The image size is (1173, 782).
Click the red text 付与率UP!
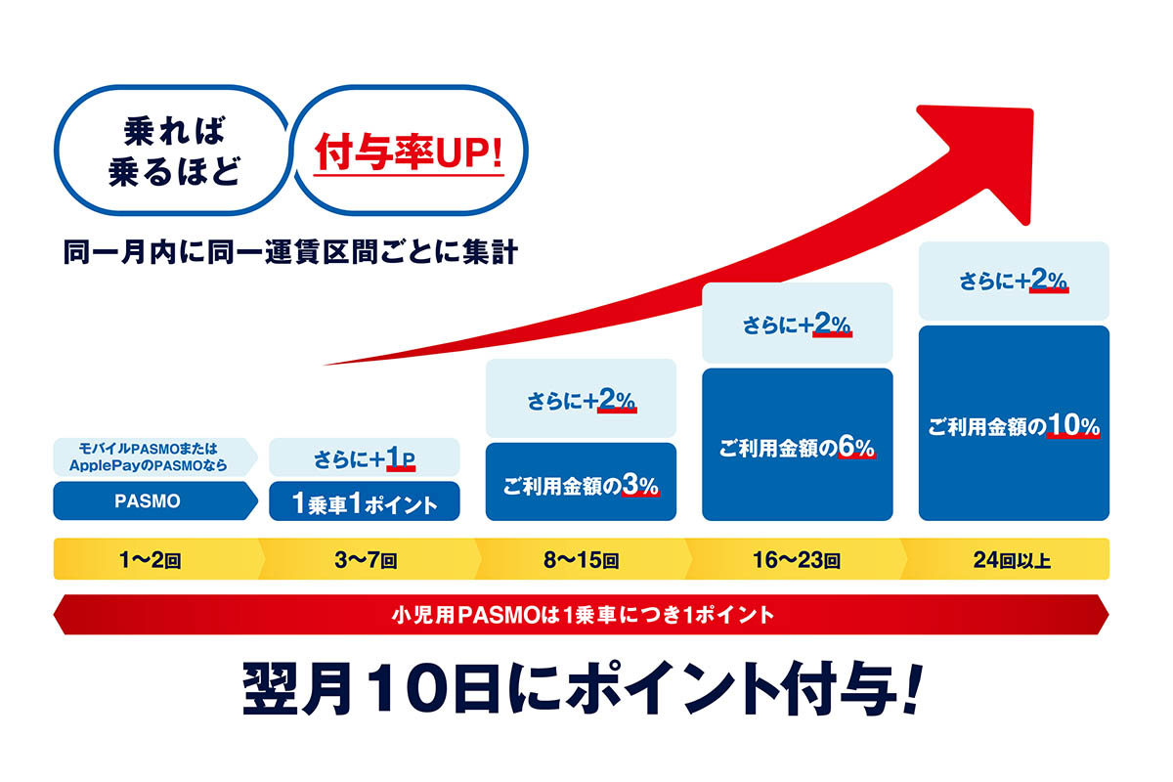tap(409, 152)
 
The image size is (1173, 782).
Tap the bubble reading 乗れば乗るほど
tap(172, 151)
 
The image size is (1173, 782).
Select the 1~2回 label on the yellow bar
tap(151, 560)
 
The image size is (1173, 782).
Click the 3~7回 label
tap(366, 560)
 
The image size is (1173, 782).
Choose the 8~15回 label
tap(582, 560)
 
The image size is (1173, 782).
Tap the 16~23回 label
tap(797, 560)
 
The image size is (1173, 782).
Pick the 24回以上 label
tap(1013, 560)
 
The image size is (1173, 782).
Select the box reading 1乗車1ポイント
tap(365, 501)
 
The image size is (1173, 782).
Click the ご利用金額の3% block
tap(581, 481)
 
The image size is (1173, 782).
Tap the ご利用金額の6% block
tap(797, 444)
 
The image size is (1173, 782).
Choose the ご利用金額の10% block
tap(1014, 423)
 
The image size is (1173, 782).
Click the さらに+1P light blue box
tap(365, 457)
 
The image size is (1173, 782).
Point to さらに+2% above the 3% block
tap(581, 398)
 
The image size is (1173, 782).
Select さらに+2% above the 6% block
tap(797, 323)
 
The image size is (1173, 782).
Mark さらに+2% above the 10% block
tap(1014, 281)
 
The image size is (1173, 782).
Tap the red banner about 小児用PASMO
tap(582, 615)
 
